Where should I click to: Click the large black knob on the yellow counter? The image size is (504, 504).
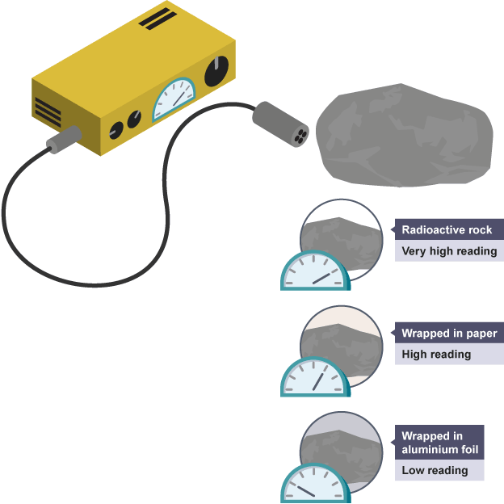(216, 72)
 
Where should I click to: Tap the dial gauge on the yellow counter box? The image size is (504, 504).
(175, 99)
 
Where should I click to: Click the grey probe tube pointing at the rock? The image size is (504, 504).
(279, 125)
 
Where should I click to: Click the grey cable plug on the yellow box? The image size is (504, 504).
(61, 143)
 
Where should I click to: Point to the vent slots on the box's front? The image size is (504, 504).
(48, 111)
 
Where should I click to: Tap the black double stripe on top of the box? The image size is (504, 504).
(157, 18)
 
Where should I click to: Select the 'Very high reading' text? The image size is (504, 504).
(449, 251)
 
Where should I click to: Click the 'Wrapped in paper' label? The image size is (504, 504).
(449, 334)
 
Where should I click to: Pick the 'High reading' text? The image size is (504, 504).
(436, 355)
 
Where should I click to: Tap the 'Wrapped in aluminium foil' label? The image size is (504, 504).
(440, 443)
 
